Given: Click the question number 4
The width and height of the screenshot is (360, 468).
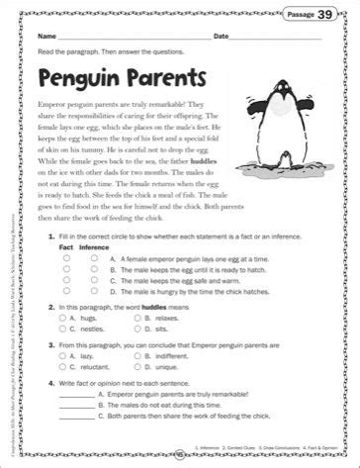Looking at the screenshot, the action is point(50,406).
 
